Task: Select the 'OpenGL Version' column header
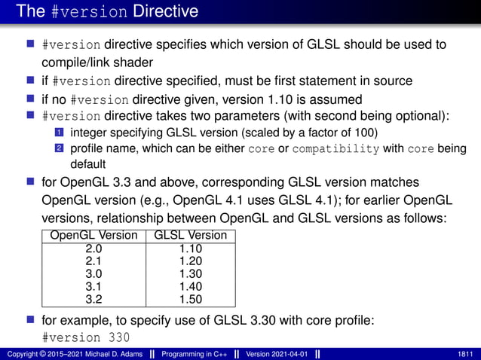tap(93, 235)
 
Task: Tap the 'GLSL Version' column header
tap(190, 235)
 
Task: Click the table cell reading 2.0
tap(93, 248)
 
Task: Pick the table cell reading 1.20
tap(190, 261)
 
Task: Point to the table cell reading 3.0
tap(93, 274)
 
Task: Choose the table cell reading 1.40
tap(190, 287)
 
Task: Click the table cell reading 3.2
tap(93, 300)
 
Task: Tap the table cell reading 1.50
tap(190, 300)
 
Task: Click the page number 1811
tap(465, 354)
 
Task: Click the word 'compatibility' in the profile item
tap(335, 148)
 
